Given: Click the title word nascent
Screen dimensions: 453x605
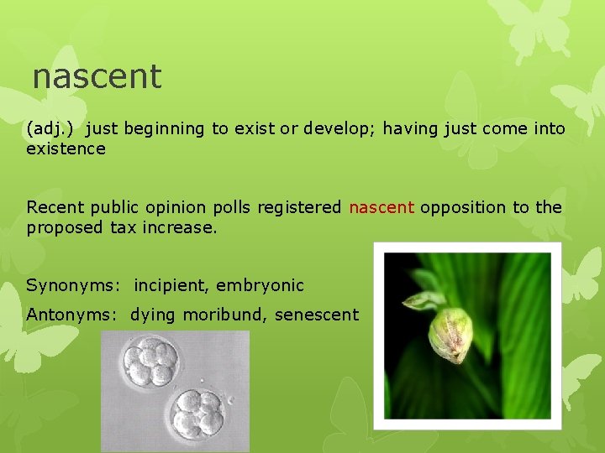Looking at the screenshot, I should click(x=97, y=76).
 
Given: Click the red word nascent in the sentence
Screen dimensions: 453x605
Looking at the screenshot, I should click(x=381, y=207).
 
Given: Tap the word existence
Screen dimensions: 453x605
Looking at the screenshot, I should click(x=66, y=149).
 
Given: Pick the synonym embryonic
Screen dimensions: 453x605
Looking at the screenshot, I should click(x=260, y=285).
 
